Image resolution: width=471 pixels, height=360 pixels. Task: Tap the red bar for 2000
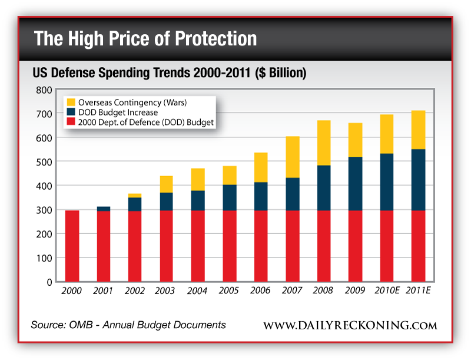(72, 246)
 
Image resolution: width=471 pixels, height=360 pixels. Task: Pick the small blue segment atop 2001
(104, 209)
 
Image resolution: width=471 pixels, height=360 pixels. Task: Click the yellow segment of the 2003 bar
(167, 184)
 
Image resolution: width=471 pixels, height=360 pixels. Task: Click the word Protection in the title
(210, 39)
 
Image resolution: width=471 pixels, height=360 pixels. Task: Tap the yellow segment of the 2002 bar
(135, 195)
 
